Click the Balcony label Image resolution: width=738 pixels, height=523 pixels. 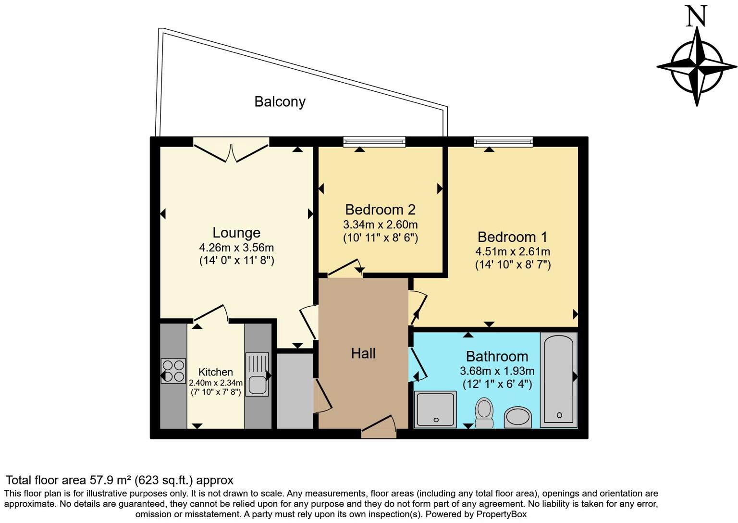coord(280,102)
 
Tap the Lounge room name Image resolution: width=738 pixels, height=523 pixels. coord(236,233)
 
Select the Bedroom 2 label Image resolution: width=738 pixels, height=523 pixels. coord(380,210)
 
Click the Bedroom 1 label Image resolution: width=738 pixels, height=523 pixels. coord(512,237)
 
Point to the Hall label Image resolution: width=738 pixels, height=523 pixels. coord(363,354)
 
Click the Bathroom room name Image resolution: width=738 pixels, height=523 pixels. coord(497,357)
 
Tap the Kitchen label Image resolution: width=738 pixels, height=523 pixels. coord(215,372)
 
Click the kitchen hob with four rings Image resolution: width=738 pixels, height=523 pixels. coord(173,371)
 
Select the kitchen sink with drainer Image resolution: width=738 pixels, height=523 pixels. coord(257,374)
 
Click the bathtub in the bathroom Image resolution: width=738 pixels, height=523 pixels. coord(558,379)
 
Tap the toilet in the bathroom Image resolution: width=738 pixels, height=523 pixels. coord(484,412)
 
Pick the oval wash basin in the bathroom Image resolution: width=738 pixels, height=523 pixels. coord(517,417)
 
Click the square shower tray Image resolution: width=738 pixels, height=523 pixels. coord(435,409)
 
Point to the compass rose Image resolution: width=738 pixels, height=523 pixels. coord(696,67)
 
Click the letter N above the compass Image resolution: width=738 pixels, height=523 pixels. coord(696,16)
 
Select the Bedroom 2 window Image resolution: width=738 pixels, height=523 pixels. coord(374,141)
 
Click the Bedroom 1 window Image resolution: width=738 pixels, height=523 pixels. coord(503,141)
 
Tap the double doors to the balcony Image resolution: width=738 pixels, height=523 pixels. coord(231,149)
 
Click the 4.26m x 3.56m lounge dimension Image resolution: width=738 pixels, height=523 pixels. coord(236,248)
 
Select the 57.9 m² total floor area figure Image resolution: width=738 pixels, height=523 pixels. coord(111,480)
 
